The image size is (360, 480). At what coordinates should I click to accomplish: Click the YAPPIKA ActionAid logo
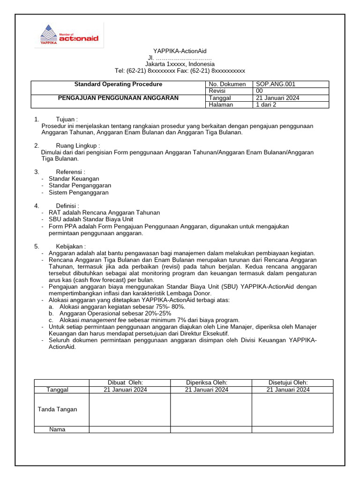coord(69,35)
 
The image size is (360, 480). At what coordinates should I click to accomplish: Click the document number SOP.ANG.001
coord(276,84)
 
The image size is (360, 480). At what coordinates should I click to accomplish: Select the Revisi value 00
coord(259,91)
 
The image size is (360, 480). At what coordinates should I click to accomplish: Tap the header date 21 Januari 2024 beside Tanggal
coord(277,98)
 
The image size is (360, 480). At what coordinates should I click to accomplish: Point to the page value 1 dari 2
coord(266,105)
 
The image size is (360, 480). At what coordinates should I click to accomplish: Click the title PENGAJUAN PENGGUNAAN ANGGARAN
coord(118,98)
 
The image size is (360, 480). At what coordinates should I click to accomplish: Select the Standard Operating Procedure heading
coord(118,84)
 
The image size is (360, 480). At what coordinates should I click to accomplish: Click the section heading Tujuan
coord(67,119)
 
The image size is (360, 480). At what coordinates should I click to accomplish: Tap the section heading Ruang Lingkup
coord(78,145)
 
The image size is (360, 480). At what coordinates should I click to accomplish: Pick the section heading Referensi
coord(70,172)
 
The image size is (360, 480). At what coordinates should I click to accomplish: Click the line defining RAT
coord(104,212)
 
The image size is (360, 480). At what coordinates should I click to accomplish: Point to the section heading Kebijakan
coord(71,246)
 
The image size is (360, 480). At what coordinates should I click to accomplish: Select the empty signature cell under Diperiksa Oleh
coord(211,409)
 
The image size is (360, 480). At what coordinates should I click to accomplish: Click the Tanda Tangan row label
coord(57,409)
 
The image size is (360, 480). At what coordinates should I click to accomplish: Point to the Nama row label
coord(57,429)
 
